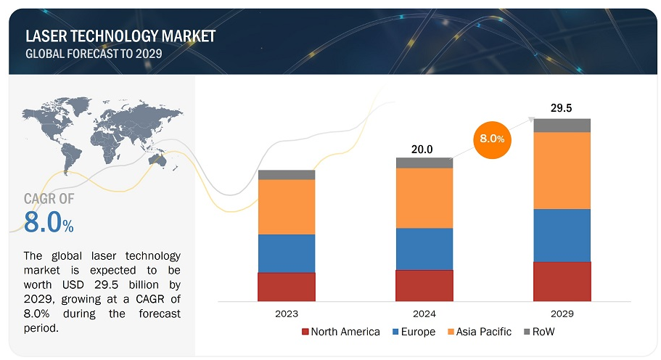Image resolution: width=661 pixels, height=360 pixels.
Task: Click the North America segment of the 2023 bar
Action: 286,287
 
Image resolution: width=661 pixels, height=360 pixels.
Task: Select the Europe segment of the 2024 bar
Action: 424,249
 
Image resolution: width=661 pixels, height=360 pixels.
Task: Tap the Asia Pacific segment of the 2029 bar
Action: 562,171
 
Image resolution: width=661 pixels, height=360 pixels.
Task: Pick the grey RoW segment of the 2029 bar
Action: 562,126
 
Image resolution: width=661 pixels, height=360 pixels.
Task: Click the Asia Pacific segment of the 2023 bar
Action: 286,207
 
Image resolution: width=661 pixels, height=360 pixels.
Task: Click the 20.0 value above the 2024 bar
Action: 422,149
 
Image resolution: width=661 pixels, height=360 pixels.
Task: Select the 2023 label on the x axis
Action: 286,314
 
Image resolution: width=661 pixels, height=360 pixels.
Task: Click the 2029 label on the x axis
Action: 562,314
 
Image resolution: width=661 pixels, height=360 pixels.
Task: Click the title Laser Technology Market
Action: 120,36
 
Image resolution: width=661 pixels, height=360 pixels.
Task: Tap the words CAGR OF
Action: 49,198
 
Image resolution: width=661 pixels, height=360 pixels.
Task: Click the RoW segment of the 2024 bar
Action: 424,163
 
